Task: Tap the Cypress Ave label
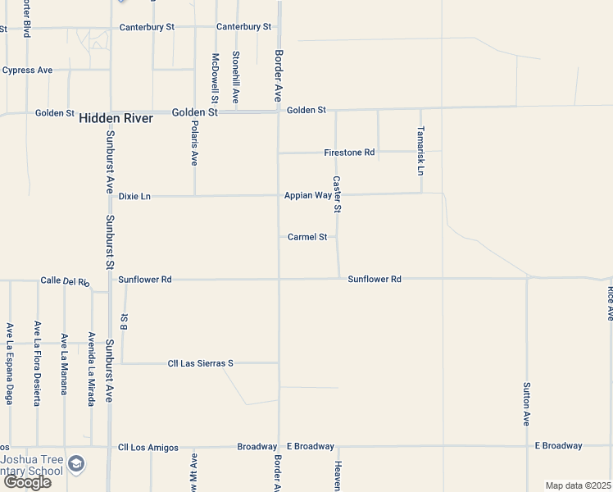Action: [28, 71]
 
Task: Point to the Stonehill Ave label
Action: [236, 76]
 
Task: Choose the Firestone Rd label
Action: [349, 153]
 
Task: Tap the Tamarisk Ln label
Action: [420, 150]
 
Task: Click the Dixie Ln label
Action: [134, 197]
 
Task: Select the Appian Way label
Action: [307, 196]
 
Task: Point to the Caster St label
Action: [337, 194]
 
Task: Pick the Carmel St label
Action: [307, 237]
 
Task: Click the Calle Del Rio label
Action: [65, 281]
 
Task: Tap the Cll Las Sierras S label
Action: [201, 363]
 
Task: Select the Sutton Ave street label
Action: [527, 403]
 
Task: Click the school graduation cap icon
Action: [76, 464]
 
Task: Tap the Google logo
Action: [27, 482]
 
